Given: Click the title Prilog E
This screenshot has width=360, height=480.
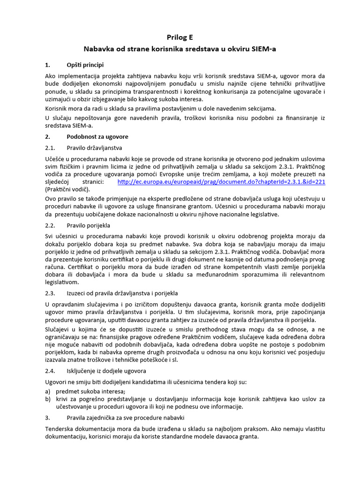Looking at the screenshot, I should (x=180, y=37).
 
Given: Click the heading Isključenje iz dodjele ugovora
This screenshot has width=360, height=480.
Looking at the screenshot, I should (x=106, y=371).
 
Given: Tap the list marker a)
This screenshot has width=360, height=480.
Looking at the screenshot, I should (x=48, y=391).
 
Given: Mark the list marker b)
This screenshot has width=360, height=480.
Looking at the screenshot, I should (x=48, y=399).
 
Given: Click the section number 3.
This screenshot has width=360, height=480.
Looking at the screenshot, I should (x=47, y=417).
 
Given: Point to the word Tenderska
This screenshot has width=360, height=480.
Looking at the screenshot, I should (x=61, y=429).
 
